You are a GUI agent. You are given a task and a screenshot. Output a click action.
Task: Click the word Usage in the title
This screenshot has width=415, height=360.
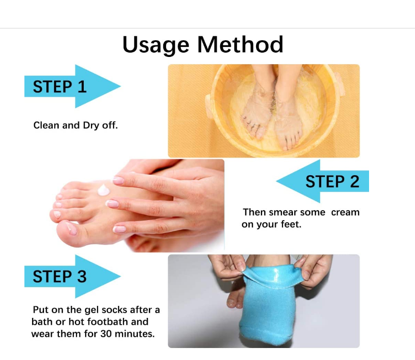pos(157,45)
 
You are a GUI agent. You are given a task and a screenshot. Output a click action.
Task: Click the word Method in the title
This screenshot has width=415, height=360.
pos(240,45)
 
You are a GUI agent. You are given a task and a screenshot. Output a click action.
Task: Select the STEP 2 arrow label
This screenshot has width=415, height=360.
pos(332,182)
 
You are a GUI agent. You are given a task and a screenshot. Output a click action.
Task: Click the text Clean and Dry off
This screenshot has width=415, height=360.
pos(75,125)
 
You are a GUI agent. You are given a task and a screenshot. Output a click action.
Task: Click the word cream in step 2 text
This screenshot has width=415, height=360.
pos(345,212)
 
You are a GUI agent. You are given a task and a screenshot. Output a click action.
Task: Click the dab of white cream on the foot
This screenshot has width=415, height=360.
pos(104,190)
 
